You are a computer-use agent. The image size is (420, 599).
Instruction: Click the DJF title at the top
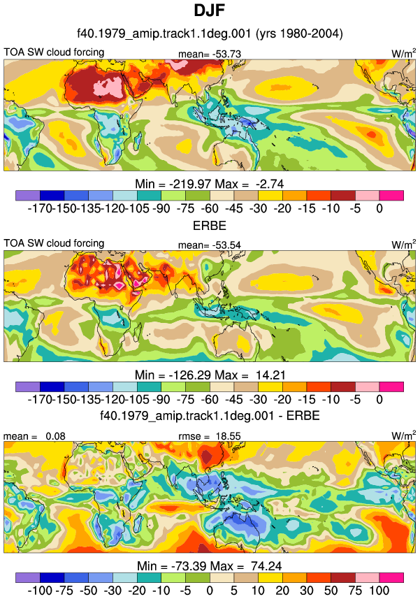(x=209, y=10)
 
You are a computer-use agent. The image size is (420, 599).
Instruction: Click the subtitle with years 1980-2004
(x=210, y=34)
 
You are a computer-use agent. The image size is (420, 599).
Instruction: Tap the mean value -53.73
(x=227, y=55)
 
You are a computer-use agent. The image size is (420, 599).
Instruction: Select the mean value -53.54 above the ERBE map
(x=227, y=245)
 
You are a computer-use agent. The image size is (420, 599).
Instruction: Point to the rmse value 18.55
(x=227, y=436)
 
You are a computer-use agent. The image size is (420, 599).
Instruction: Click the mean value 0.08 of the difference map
(x=55, y=436)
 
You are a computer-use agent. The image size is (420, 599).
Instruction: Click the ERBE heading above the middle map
(x=210, y=225)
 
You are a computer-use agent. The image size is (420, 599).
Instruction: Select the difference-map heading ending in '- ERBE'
(x=210, y=415)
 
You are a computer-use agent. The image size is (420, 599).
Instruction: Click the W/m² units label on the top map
(x=404, y=54)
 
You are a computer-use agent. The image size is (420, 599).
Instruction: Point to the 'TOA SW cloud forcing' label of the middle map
(x=54, y=243)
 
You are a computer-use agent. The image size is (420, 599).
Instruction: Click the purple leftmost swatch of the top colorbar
(x=28, y=196)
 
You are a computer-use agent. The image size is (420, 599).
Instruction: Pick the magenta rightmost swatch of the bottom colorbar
(x=391, y=577)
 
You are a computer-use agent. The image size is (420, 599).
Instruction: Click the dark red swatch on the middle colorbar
(x=343, y=387)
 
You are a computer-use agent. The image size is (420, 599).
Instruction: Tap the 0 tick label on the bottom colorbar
(x=209, y=590)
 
